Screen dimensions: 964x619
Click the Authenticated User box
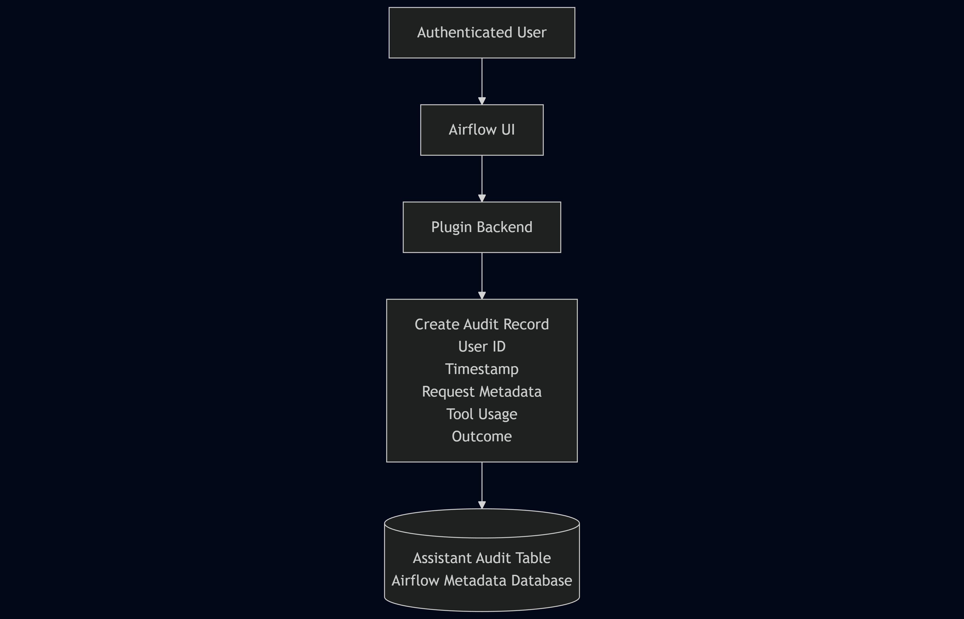click(x=482, y=33)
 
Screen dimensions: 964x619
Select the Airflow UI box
click(x=482, y=130)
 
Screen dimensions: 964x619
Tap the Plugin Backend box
click(x=482, y=227)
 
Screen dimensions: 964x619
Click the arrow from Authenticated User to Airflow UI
click(x=482, y=81)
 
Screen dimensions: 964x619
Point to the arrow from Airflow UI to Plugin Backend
click(x=482, y=179)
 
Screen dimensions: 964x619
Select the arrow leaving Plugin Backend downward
click(x=482, y=276)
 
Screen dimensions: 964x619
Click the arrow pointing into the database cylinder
click(x=482, y=486)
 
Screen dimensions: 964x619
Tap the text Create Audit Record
click(x=482, y=324)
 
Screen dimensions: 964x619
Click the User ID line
click(x=482, y=347)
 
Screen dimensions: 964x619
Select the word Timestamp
click(x=482, y=369)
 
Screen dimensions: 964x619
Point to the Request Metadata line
click(x=482, y=392)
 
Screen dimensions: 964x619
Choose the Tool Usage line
click(x=482, y=414)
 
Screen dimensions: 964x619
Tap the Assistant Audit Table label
click(x=482, y=558)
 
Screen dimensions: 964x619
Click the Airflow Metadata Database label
click(x=482, y=580)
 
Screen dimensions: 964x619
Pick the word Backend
click(x=504, y=227)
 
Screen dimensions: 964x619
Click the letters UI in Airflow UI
click(x=508, y=130)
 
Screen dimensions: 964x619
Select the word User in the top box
click(x=532, y=33)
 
